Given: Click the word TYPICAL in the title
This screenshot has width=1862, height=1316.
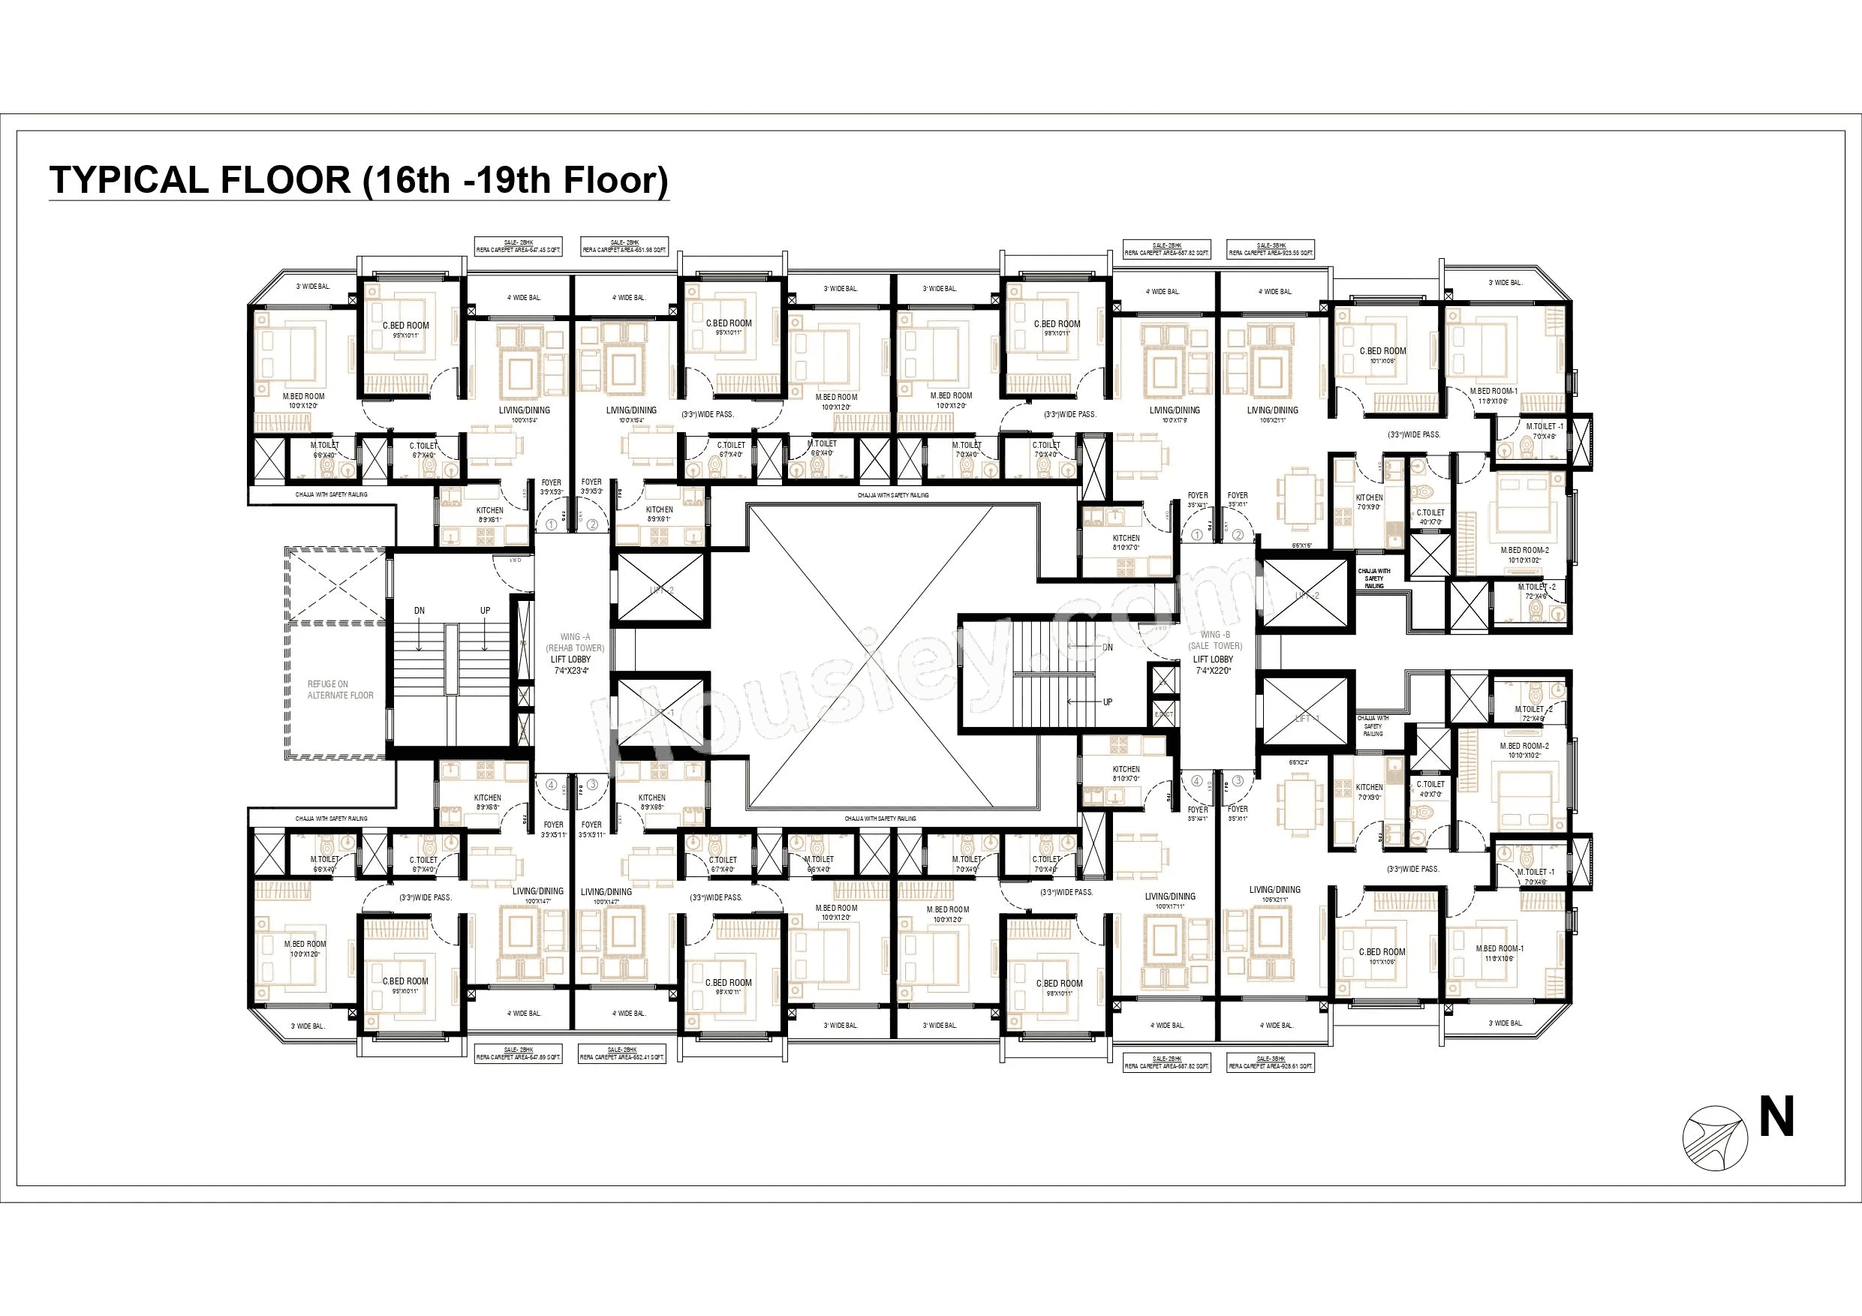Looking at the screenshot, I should point(129,180).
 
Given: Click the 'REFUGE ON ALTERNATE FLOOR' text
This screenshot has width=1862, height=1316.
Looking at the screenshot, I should point(340,690).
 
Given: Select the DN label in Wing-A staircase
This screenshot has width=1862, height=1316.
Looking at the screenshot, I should point(420,611).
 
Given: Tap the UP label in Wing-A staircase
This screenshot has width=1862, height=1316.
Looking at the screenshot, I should point(485,611).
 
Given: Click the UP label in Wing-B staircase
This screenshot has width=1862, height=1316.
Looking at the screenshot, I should point(1108,702).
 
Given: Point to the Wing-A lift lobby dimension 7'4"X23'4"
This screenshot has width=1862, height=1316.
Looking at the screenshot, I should point(571,671).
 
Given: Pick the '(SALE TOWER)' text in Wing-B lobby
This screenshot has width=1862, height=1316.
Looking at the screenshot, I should point(1215,646).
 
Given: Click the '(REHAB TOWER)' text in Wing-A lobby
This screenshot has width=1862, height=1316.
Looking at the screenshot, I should point(574,647).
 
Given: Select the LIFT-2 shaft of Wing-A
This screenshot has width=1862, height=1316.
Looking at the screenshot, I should point(661,590).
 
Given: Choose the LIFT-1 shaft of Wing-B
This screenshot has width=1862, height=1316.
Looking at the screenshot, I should point(1304,717).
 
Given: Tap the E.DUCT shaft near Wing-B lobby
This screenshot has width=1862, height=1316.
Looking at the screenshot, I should point(1163,714).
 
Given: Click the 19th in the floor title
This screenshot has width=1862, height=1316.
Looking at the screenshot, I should point(514,180).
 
